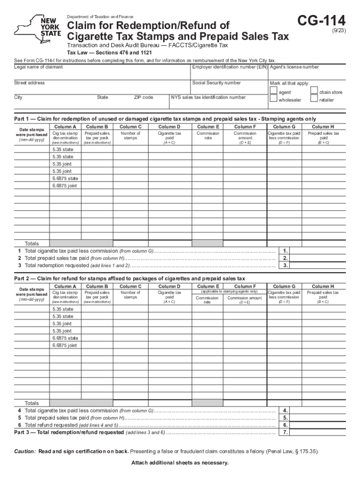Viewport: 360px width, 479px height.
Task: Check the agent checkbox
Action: tap(274, 92)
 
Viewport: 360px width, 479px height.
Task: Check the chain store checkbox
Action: tap(314, 92)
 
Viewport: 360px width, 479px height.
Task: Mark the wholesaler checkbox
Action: tap(274, 100)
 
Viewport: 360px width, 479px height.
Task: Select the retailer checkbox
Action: tap(314, 100)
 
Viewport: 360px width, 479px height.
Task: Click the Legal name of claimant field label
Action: tap(38, 67)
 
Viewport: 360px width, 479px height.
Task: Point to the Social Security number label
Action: tap(216, 83)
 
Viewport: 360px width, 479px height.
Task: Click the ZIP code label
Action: tap(144, 97)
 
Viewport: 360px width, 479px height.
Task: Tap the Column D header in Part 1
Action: tap(169, 126)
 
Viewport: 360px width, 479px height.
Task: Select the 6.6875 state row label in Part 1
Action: tap(65, 178)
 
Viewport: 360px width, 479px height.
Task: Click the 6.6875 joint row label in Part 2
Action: tap(65, 345)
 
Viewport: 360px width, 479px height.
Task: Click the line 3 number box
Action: tap(285, 265)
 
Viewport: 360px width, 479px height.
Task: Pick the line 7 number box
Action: tap(285, 433)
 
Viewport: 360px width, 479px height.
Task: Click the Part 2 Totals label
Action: tap(32, 403)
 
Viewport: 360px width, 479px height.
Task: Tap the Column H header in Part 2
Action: tap(323, 286)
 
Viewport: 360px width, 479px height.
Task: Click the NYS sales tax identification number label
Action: tap(208, 97)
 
